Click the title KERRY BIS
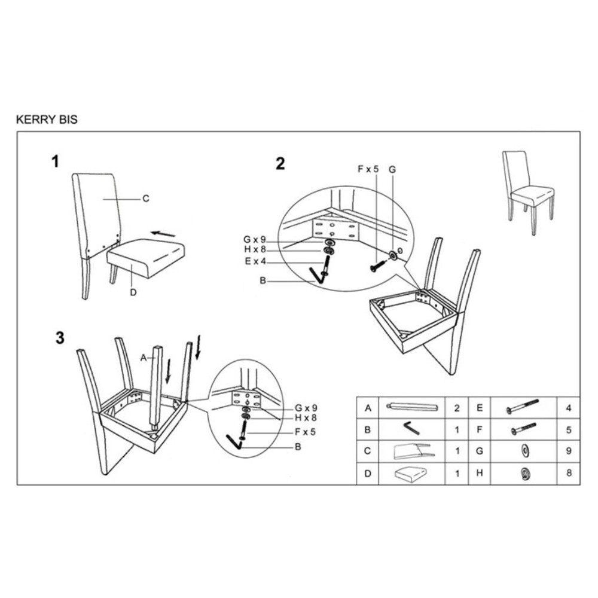coord(47,120)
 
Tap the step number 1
coord(56,161)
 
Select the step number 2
coord(280,164)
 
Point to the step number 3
coord(60,338)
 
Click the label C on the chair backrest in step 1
coord(146,199)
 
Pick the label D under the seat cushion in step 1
coord(133,292)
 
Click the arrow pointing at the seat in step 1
coord(163,233)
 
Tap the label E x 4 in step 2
coord(255,261)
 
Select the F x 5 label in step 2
coord(368,169)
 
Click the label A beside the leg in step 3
coord(144,358)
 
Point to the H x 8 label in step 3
coord(306,417)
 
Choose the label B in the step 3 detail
coord(298,447)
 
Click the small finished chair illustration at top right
coord(528,193)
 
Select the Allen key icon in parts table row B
coord(411,428)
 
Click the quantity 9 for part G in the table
coord(569,451)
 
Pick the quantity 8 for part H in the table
coord(569,473)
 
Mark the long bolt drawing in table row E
coord(522,407)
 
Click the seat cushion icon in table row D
coord(410,474)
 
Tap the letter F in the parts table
coord(480,429)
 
